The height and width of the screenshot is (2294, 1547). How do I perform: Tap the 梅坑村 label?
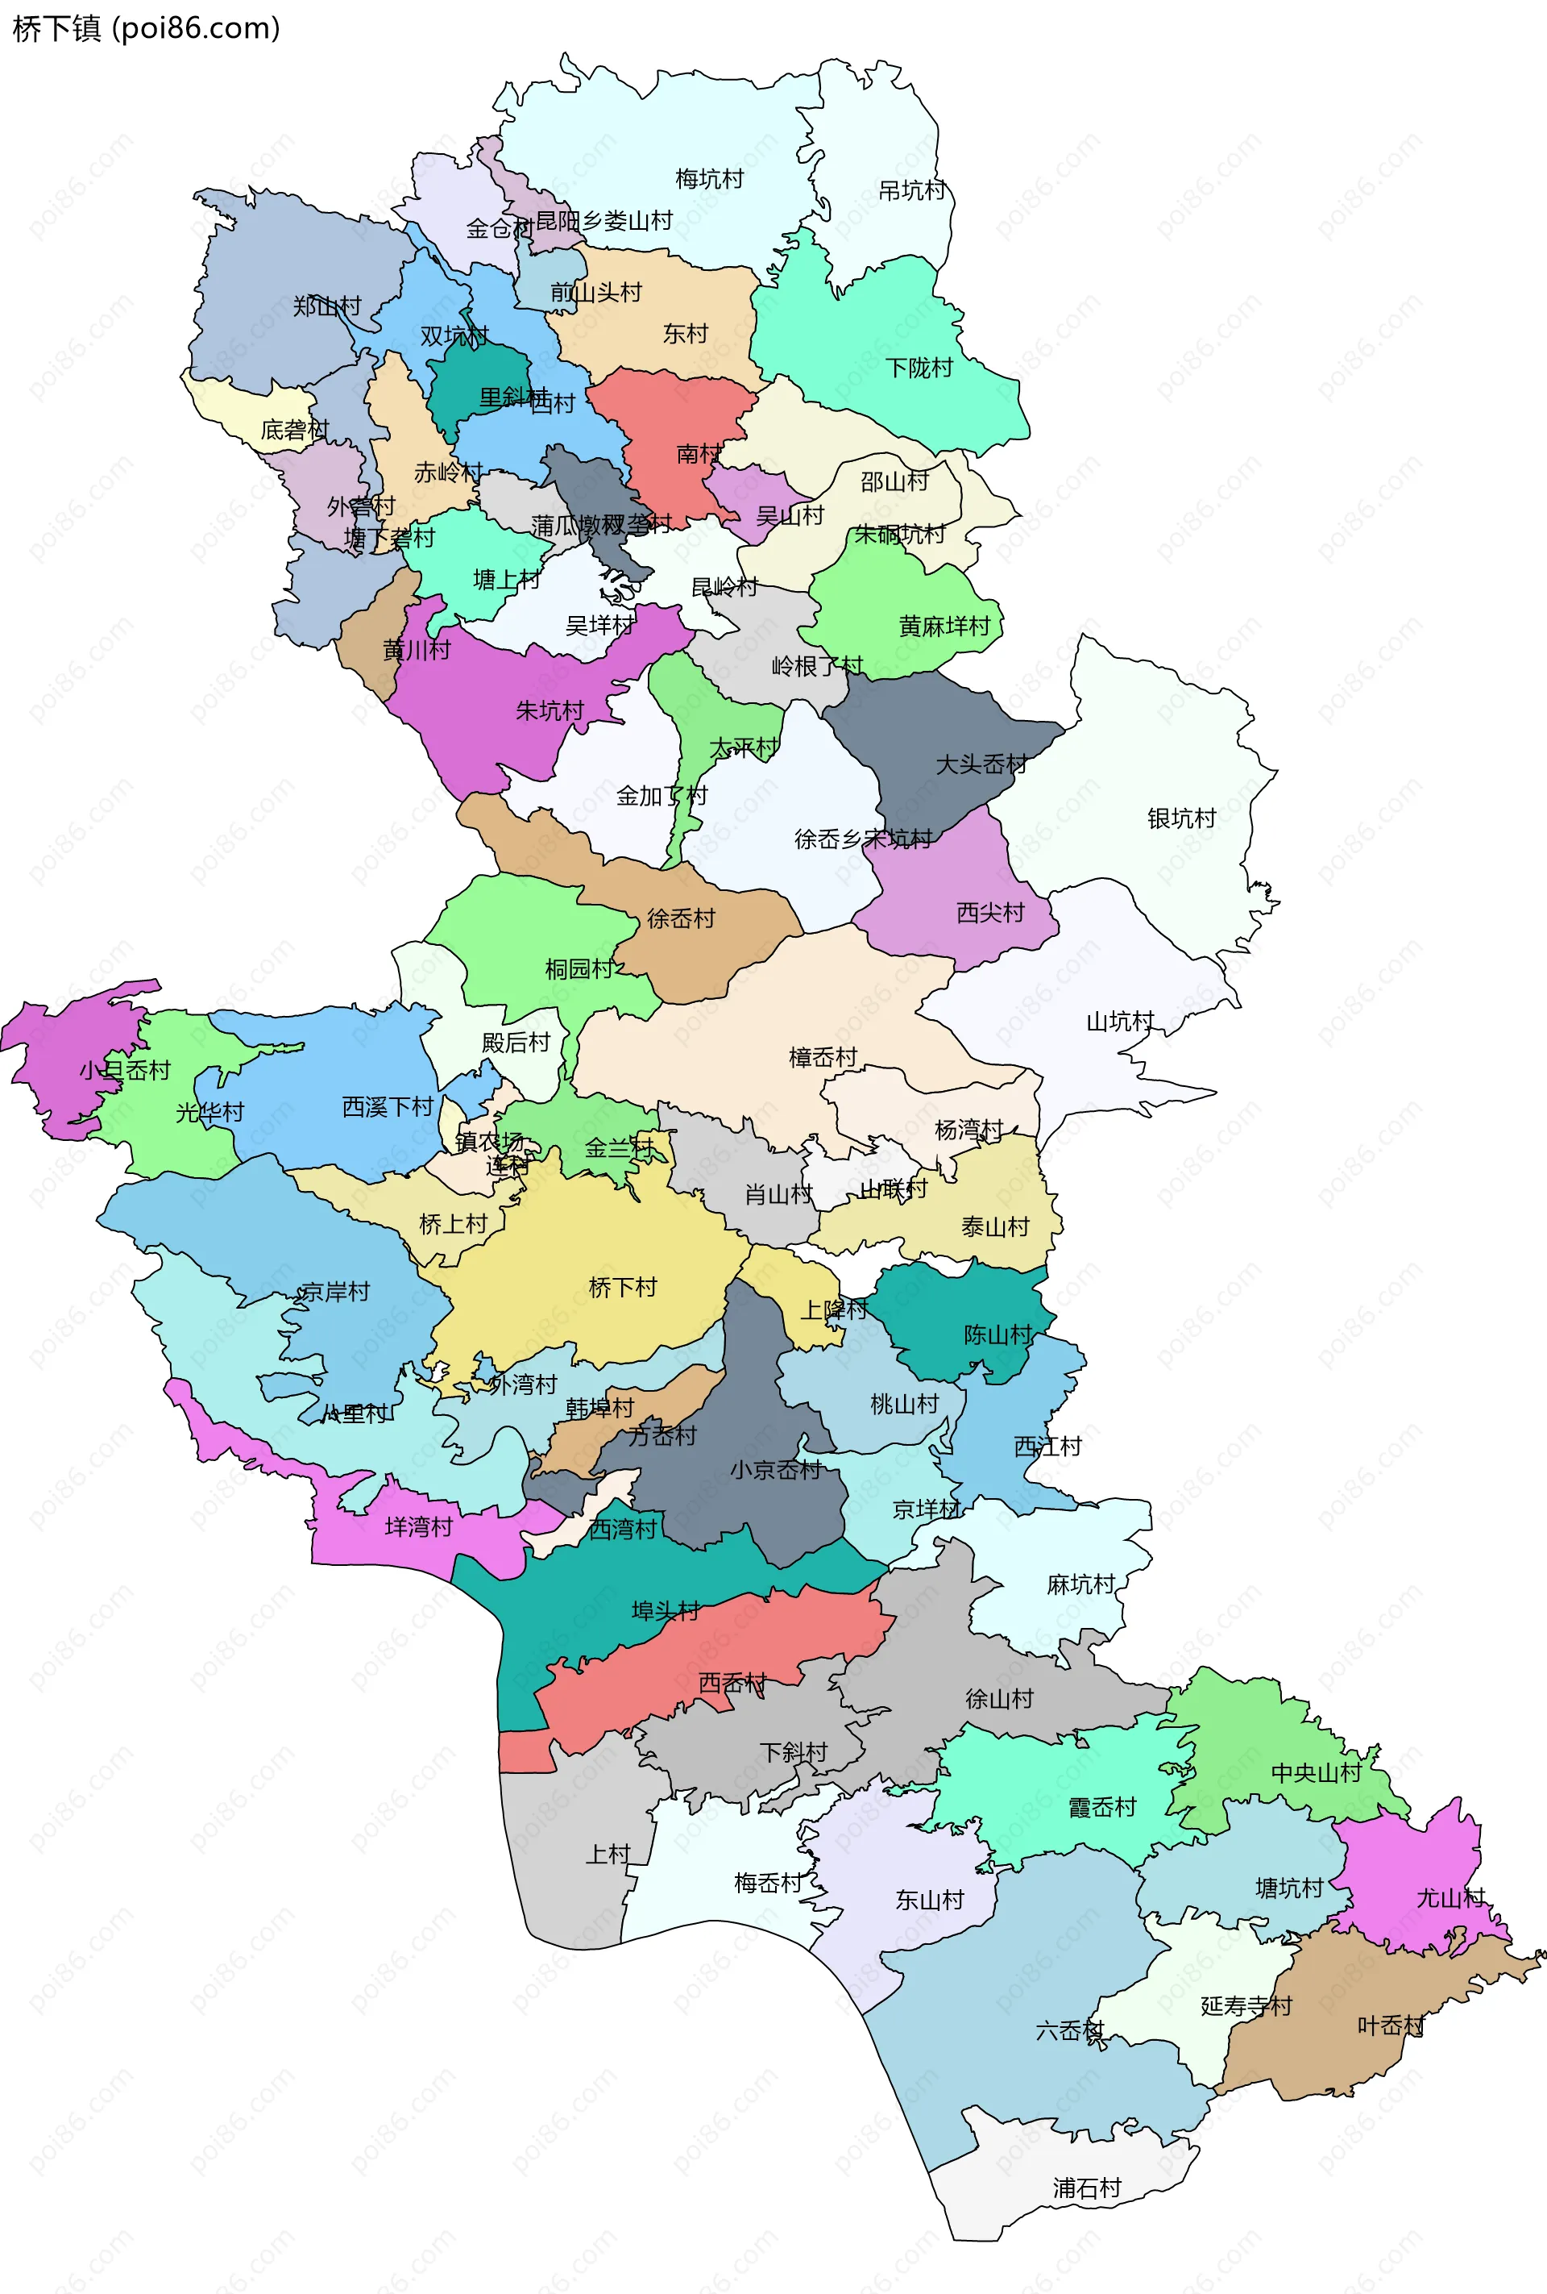pyautogui.click(x=708, y=179)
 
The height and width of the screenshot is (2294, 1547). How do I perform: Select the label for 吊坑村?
pyautogui.click(x=911, y=190)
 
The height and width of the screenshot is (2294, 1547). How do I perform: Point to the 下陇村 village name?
pyautogui.click(x=919, y=368)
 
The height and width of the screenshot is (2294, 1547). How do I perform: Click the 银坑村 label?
pyautogui.click(x=1181, y=818)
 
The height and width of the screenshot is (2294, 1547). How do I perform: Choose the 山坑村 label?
pyautogui.click(x=1120, y=1021)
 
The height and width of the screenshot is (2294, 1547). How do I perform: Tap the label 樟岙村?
pyautogui.click(x=823, y=1057)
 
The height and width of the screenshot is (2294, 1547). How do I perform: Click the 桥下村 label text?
pyautogui.click(x=623, y=1287)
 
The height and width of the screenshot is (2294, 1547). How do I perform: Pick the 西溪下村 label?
pyautogui.click(x=388, y=1106)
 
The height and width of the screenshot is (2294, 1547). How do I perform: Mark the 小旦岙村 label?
pyautogui.click(x=126, y=1070)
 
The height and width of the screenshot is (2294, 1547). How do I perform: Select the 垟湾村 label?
pyautogui.click(x=419, y=1527)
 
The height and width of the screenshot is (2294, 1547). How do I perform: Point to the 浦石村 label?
pyautogui.click(x=1087, y=2188)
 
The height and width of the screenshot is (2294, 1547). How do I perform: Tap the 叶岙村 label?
pyautogui.click(x=1391, y=2025)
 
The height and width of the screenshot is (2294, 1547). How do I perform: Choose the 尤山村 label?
pyautogui.click(x=1450, y=1898)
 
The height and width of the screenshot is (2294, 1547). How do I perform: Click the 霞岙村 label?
pyautogui.click(x=1102, y=1807)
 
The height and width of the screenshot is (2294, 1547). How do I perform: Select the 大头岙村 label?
pyautogui.click(x=981, y=764)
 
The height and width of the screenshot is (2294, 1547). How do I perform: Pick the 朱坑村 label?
pyautogui.click(x=550, y=710)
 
